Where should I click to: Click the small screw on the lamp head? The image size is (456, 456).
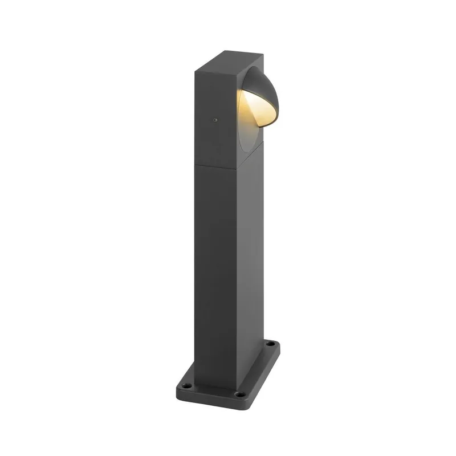[215, 120]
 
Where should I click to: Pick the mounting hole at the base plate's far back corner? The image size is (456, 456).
[272, 344]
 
